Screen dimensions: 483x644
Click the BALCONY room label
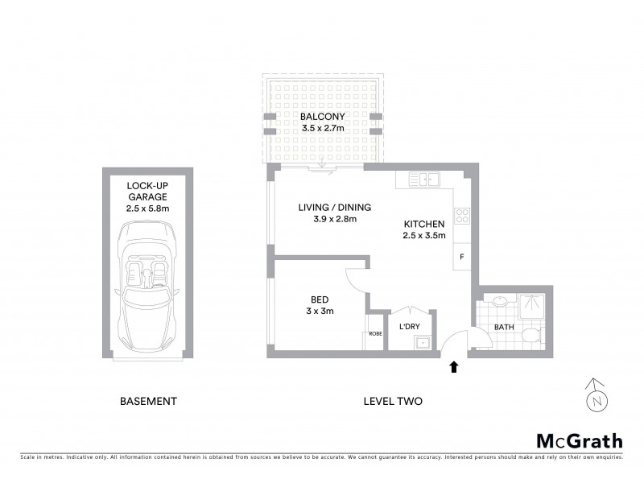322,116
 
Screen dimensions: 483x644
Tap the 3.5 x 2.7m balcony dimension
322,128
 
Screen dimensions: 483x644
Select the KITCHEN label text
423,224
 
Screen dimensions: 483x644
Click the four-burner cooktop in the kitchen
463,215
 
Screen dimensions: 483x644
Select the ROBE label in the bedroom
374,333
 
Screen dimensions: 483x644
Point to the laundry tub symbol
422,343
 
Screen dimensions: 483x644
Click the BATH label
505,328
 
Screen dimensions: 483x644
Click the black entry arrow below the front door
454,367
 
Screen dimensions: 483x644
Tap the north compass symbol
596,397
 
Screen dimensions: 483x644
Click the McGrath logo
579,440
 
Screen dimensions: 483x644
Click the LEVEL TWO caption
393,401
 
